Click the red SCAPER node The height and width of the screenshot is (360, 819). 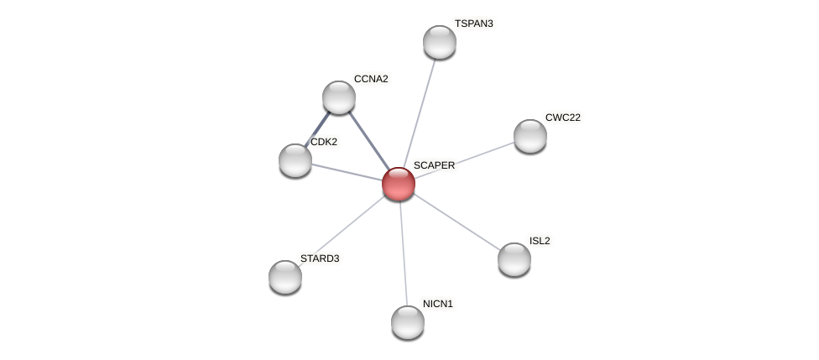pos(399,184)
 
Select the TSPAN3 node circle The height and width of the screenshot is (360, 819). pos(440,42)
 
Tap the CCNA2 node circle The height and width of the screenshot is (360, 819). pos(339,97)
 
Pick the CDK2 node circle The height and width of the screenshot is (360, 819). pos(295,160)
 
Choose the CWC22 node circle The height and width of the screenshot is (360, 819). pos(530,136)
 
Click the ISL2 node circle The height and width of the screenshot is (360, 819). pos(514,259)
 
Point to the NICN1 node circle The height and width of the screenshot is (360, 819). pos(408,322)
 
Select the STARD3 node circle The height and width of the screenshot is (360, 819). pos(285,277)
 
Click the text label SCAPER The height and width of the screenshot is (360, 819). pos(434,165)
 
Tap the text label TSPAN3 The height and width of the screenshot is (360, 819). pos(474,23)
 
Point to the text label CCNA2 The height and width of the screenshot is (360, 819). pos(371,79)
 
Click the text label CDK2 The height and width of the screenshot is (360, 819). pos(324,142)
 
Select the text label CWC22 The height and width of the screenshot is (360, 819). pos(563,117)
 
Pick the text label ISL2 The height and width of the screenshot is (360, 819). pos(540,241)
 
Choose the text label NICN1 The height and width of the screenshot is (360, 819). pos(438,304)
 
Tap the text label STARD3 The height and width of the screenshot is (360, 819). pos(320,258)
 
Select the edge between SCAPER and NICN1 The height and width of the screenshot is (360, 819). pos(403,252)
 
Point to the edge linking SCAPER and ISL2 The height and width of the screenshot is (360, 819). pos(457,222)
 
